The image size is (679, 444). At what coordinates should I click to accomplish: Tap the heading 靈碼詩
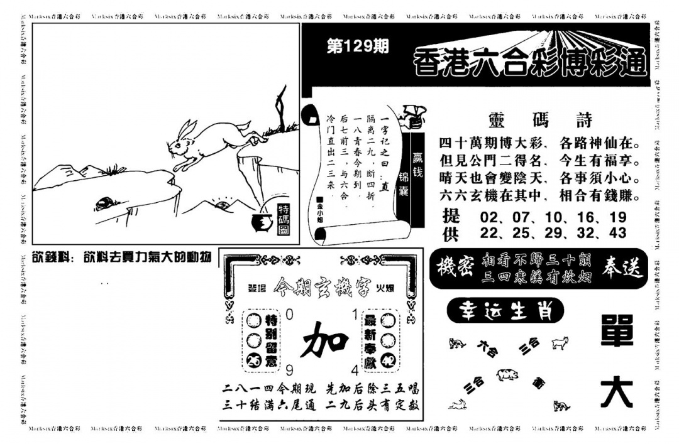coord(539,120)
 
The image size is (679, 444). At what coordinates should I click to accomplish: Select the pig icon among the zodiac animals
coord(507,374)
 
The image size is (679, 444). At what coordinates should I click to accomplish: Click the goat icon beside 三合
coord(560,343)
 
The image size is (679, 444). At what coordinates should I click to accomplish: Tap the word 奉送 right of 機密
coord(622,268)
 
